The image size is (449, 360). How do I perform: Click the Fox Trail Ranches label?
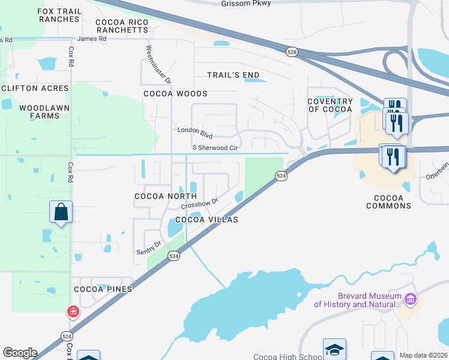click(x=58, y=15)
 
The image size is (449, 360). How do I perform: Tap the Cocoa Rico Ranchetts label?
click(x=122, y=26)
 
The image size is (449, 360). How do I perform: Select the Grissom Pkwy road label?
click(x=246, y=3)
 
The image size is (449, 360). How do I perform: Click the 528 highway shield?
click(x=292, y=52)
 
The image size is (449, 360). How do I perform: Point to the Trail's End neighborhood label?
click(x=233, y=75)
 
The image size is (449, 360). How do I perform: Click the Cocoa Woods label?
click(x=175, y=94)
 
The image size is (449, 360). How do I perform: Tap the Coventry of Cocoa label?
click(x=330, y=105)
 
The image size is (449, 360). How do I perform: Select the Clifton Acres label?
click(x=35, y=88)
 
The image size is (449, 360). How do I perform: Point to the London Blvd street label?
click(x=196, y=130)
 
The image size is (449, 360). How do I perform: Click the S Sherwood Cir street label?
click(x=214, y=147)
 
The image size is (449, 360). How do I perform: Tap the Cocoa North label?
click(x=166, y=196)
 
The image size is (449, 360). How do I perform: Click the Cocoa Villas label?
click(x=206, y=220)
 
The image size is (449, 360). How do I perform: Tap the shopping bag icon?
click(x=61, y=212)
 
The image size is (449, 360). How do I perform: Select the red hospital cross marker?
click(x=73, y=311)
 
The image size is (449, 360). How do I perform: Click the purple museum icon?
click(x=411, y=298)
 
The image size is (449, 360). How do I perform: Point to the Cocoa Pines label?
click(x=103, y=289)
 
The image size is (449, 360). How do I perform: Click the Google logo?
click(x=20, y=353)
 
